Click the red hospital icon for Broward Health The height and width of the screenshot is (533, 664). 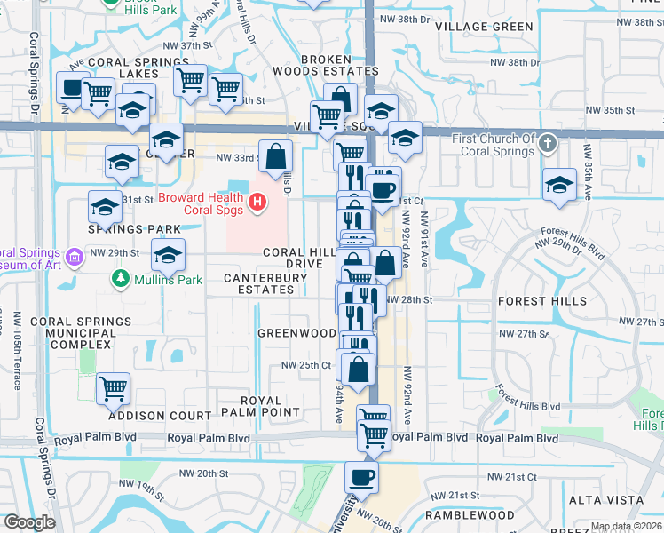257,203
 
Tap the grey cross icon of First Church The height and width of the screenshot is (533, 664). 549,142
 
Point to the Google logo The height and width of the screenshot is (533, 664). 29,522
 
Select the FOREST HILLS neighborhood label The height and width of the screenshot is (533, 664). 542,301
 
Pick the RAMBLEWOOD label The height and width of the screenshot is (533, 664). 470,515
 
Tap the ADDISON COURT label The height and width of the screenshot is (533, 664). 161,415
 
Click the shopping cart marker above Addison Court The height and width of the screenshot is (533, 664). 114,387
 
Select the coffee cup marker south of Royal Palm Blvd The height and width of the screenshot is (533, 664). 361,477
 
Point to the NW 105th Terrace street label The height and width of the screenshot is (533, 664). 18,349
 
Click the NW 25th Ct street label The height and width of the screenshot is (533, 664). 306,365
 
